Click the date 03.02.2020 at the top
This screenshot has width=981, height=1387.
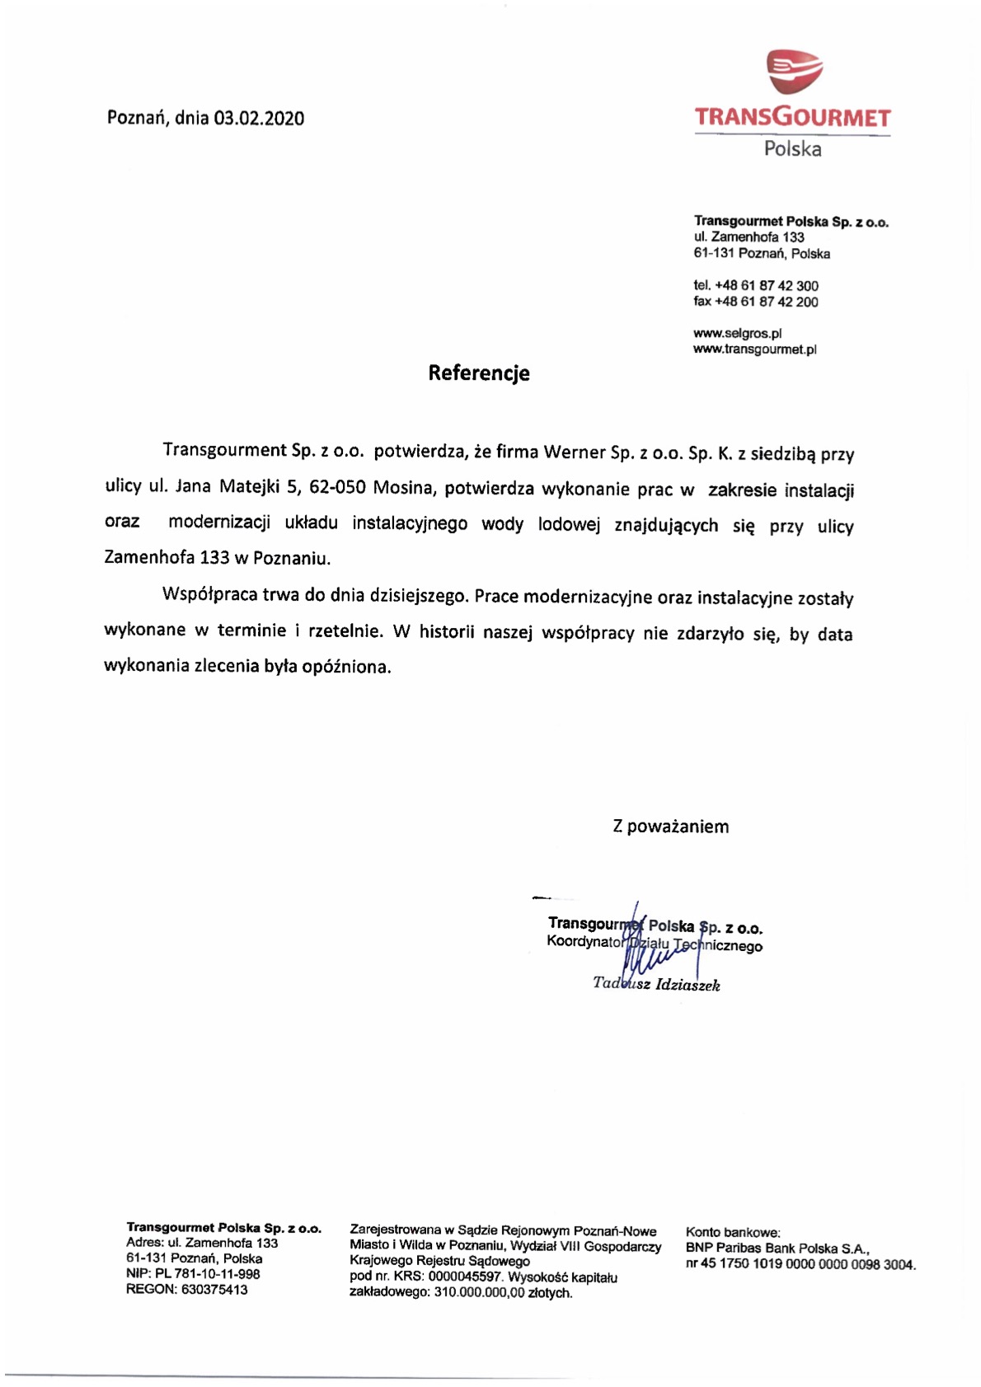point(259,118)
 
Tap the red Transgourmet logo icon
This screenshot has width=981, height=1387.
point(795,72)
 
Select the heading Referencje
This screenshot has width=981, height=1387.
point(478,373)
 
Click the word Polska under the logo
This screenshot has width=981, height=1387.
point(792,149)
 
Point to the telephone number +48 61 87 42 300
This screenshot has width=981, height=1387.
point(767,286)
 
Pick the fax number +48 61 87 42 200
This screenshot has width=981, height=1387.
point(767,302)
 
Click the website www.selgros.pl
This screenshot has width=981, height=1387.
point(737,334)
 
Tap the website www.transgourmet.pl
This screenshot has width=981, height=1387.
point(754,349)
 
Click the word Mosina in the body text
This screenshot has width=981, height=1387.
point(403,487)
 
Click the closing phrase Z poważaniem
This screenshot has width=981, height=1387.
point(670,827)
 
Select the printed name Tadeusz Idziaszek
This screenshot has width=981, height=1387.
point(656,984)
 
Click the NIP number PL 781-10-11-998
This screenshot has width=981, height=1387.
point(208,1274)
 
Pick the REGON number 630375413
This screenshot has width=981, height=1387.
point(214,1290)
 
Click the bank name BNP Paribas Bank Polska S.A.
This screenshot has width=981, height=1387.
point(777,1249)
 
